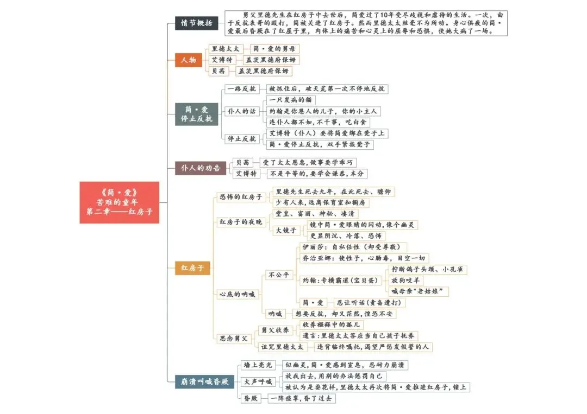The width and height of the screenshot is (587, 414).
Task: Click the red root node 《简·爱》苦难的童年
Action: (120, 202)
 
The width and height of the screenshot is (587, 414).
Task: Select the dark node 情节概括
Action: (197, 23)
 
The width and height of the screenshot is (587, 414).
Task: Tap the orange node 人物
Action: (188, 60)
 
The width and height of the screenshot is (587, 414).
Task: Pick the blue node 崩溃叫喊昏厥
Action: (204, 381)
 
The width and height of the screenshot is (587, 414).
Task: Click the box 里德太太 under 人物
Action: (225, 49)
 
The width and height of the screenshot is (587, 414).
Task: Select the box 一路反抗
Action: (242, 88)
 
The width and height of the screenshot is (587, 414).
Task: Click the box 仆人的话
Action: (242, 111)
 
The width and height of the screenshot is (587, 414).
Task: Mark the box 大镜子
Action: (285, 231)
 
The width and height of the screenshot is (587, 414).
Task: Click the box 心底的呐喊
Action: (236, 294)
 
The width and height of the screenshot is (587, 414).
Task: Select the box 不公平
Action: (279, 275)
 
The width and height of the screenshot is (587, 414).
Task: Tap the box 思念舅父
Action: (233, 338)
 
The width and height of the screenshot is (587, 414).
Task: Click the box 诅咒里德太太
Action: (282, 347)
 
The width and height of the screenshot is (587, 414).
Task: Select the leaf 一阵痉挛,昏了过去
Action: (303, 398)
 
